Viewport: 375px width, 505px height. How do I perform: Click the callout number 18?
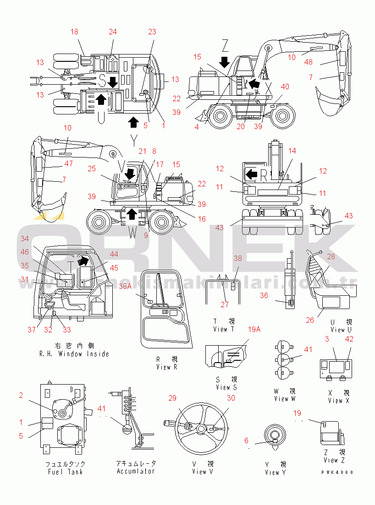pyautogui.click(x=75, y=32)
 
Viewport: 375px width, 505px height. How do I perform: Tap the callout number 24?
pyautogui.click(x=113, y=32)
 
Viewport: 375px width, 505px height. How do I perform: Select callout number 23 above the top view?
pyautogui.click(x=152, y=32)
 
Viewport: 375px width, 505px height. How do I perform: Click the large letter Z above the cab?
pyautogui.click(x=225, y=45)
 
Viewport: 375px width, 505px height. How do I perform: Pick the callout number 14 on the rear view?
pyautogui.click(x=292, y=150)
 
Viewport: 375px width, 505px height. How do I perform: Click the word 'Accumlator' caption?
pyautogui.click(x=136, y=471)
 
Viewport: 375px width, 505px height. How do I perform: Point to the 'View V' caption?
pyautogui.click(x=203, y=472)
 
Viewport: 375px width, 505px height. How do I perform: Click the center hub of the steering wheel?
pyautogui.click(x=201, y=429)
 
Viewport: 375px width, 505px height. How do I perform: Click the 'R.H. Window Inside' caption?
pyautogui.click(x=74, y=354)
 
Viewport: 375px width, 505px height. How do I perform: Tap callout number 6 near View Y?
pyautogui.click(x=246, y=440)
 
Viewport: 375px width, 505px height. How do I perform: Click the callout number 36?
pyautogui.click(x=264, y=296)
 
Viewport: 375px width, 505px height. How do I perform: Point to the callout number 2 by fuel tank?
pyautogui.click(x=21, y=396)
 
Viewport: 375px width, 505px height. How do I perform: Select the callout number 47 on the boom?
pyautogui.click(x=68, y=163)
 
